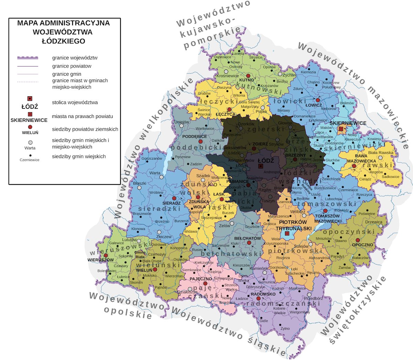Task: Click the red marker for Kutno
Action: tap(248, 75)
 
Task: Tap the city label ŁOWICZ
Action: tap(314, 105)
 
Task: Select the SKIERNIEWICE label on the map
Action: tap(348, 123)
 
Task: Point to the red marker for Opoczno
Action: tap(358, 240)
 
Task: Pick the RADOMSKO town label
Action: tap(263, 294)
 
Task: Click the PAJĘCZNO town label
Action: tap(201, 279)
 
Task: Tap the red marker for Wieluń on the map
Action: tap(155, 269)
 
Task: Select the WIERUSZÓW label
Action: tap(100, 260)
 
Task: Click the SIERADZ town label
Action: tap(171, 203)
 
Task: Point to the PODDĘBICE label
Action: tap(194, 136)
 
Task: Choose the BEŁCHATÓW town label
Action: tap(248, 238)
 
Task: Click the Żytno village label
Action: tap(285, 328)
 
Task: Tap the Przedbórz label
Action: tap(314, 299)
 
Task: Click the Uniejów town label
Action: tap(182, 122)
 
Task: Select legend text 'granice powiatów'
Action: tap(72, 66)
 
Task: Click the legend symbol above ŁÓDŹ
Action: tap(30, 99)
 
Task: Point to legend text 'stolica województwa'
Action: tap(75, 103)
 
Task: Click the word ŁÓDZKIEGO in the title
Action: tap(63, 41)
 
